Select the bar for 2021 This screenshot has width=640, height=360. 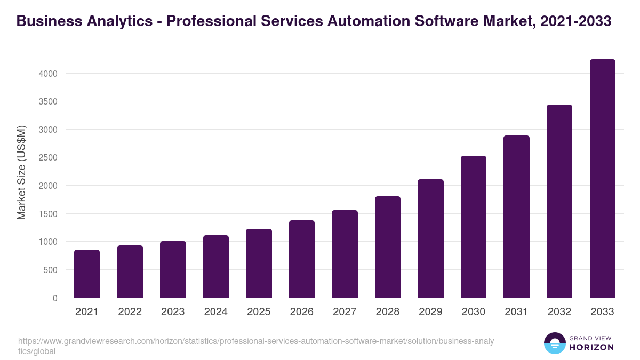click(87, 274)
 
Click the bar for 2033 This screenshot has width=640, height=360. click(602, 179)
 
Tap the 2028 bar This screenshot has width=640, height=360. click(387, 247)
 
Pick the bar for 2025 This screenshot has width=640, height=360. click(259, 263)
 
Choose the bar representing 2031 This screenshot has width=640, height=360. click(516, 217)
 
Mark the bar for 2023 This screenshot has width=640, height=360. click(173, 269)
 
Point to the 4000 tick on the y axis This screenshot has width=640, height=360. click(47, 74)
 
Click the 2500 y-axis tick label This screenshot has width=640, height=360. click(47, 158)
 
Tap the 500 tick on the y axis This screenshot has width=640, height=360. click(50, 270)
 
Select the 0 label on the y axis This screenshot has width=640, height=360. click(55, 298)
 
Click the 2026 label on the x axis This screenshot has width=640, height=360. click(301, 312)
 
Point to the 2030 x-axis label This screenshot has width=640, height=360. click(473, 312)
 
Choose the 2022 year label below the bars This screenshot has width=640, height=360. click(130, 312)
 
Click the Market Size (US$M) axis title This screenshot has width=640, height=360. click(21, 172)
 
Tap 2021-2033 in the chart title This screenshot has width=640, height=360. click(575, 21)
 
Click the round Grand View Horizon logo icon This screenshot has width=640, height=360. click(555, 343)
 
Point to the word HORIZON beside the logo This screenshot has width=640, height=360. click(592, 348)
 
